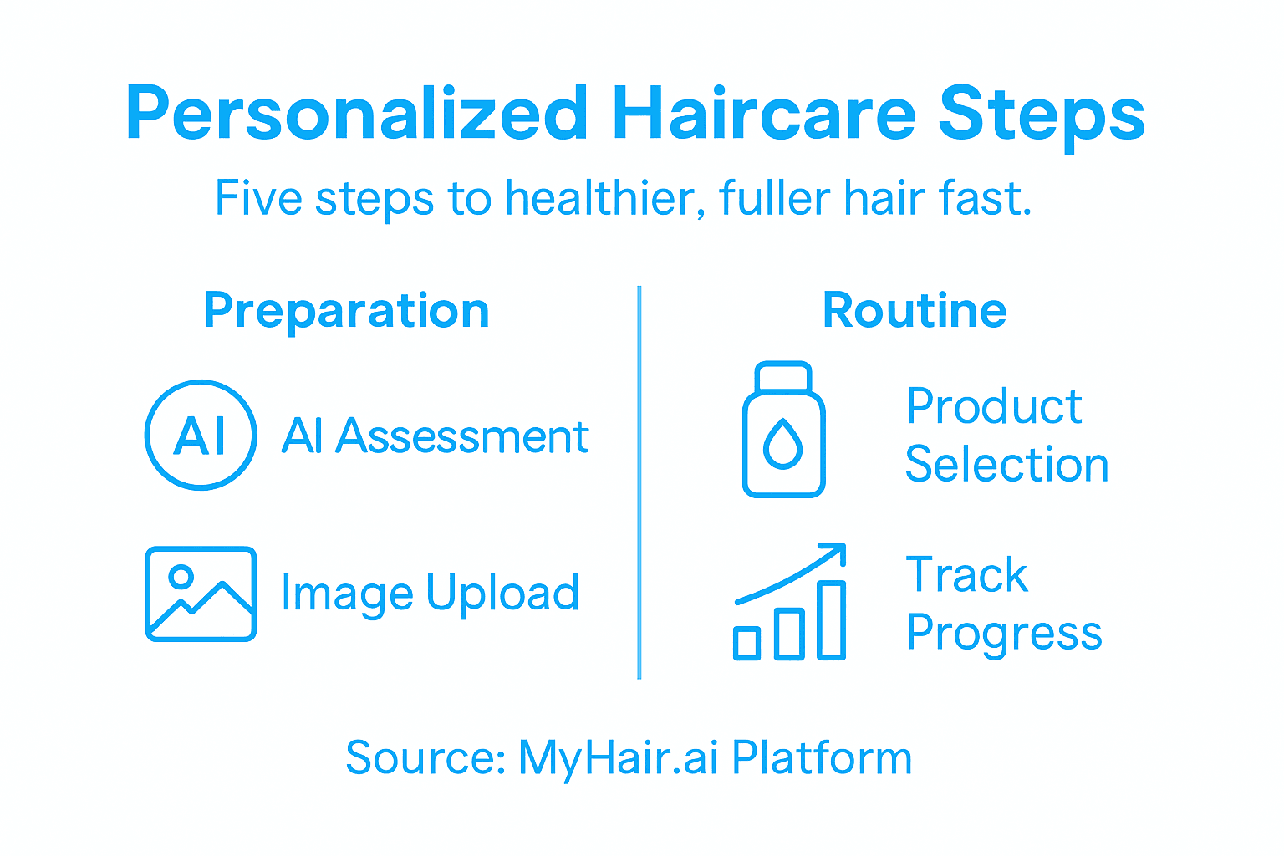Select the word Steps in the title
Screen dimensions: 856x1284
[x=1041, y=115]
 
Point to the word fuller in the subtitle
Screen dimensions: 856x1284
[x=773, y=199]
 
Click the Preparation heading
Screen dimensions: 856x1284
[x=346, y=311]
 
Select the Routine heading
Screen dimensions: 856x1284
[x=915, y=311]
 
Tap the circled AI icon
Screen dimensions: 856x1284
[x=201, y=435]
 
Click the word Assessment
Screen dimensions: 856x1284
[x=461, y=436]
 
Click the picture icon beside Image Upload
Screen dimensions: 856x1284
[x=201, y=594]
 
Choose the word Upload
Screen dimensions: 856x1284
[x=502, y=594]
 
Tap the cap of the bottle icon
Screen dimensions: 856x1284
[x=783, y=376]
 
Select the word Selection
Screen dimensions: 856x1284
[x=1006, y=465]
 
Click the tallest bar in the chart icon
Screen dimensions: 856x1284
[x=831, y=619]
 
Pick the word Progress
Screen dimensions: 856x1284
[x=1004, y=634]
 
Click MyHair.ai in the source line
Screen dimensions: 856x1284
[x=618, y=758]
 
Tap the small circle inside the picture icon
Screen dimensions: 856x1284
[x=181, y=576]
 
